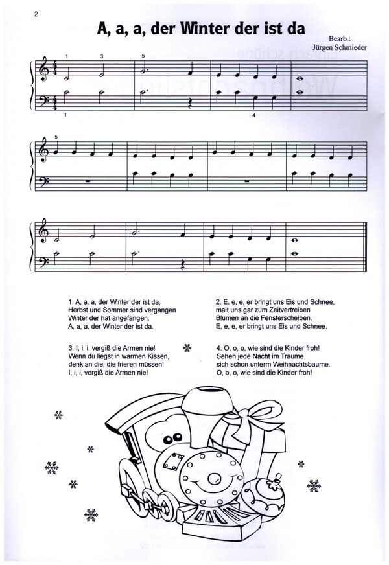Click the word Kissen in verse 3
(155, 358)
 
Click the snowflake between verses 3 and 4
(188, 349)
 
